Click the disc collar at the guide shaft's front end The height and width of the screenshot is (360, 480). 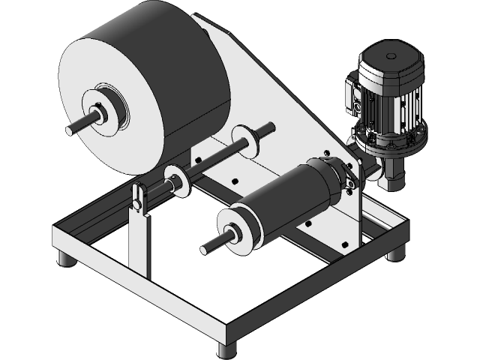point(175,181)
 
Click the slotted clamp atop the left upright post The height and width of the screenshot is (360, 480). point(138,199)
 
